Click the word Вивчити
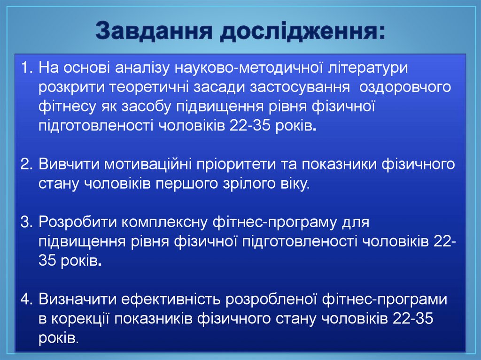pos(68,164)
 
